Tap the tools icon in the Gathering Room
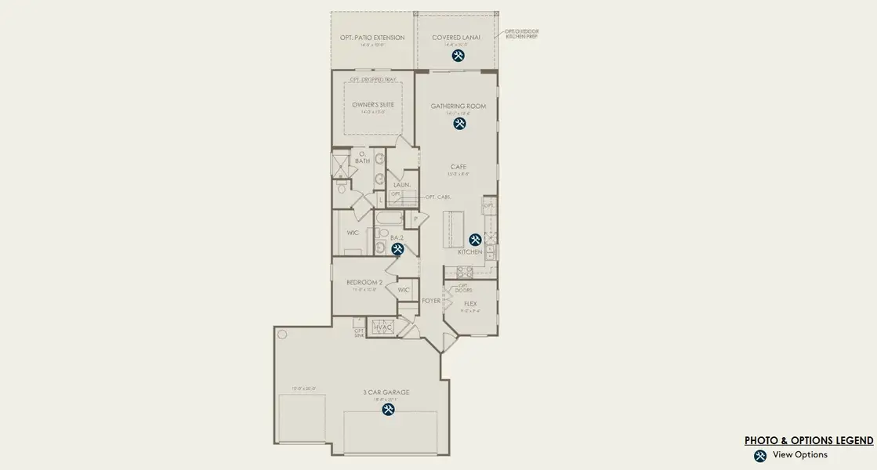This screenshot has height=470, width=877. tap(458, 123)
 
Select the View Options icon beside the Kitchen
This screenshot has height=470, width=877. tap(475, 240)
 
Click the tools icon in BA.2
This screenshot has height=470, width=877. tap(397, 249)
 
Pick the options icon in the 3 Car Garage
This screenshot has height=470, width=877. tap(388, 409)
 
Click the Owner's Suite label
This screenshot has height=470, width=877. tap(373, 104)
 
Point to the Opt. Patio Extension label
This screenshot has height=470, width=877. tap(372, 38)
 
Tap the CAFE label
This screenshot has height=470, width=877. tap(458, 166)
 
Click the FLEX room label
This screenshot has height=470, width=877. tap(470, 303)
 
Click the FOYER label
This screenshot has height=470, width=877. tap(431, 301)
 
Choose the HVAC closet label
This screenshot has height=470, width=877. tap(382, 327)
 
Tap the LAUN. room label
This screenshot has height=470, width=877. tap(402, 186)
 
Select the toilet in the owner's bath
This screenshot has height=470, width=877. tap(342, 188)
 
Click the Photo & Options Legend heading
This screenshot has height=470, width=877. tap(808, 441)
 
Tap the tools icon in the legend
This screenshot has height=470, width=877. tap(759, 455)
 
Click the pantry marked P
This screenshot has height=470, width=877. tap(415, 219)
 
